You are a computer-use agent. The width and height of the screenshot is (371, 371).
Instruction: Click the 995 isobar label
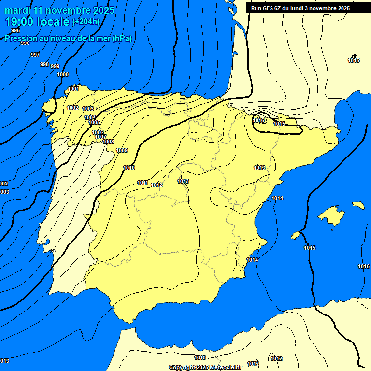point(15,30)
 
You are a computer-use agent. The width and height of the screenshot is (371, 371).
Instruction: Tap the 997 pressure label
point(35,55)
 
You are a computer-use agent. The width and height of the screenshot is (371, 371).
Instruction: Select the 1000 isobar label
point(63,74)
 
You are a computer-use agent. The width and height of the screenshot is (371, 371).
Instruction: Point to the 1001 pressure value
point(73,89)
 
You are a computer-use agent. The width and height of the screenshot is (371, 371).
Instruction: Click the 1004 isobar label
point(90,117)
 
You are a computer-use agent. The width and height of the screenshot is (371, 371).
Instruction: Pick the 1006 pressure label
point(98,132)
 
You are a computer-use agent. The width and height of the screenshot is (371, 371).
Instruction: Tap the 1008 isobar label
point(109,142)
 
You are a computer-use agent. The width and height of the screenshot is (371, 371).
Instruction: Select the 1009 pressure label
point(122,150)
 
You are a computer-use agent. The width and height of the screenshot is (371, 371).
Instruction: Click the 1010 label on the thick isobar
point(129,168)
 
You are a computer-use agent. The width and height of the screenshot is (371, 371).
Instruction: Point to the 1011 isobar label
point(143,183)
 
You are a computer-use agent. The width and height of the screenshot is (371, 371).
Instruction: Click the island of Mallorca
point(331,215)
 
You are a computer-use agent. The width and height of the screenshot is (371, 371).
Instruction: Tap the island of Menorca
point(358,205)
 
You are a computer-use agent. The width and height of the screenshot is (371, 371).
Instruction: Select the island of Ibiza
point(296,235)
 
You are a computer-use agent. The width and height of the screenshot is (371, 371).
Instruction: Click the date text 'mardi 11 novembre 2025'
point(59,10)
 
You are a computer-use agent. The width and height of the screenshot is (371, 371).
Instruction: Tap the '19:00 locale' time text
point(37,22)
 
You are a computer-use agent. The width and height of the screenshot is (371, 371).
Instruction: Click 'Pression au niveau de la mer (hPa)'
point(69,38)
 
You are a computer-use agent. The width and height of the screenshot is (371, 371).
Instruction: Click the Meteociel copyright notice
point(205,367)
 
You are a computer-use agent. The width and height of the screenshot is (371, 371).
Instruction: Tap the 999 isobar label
point(55,66)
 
